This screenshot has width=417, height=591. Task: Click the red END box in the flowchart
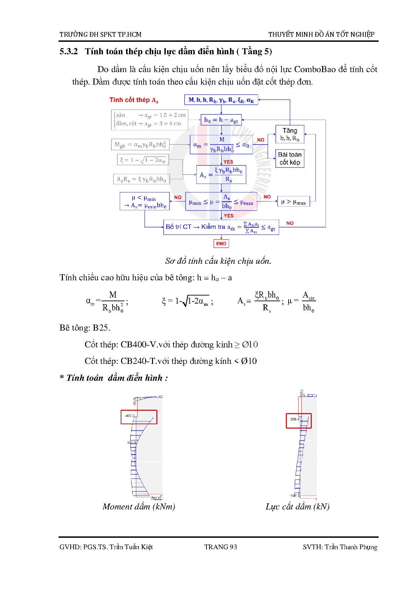221,243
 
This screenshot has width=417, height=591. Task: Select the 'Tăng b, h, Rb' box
290,134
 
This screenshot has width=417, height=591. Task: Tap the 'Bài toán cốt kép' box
290,158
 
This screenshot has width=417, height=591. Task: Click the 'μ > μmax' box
293,201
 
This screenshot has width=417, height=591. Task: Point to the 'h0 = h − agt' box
221,120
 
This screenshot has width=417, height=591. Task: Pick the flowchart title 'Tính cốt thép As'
134,100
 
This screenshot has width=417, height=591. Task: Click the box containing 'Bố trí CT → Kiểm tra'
221,227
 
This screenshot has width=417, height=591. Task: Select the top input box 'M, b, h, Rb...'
221,100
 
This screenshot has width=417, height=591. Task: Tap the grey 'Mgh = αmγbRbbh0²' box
140,145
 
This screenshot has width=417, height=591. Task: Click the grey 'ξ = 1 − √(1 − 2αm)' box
143,160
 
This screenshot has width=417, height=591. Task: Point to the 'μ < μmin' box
145,201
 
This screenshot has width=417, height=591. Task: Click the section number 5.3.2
69,51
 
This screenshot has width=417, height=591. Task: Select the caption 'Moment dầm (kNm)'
139,506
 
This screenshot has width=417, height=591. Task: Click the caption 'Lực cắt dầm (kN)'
297,506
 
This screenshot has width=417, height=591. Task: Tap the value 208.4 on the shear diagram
295,419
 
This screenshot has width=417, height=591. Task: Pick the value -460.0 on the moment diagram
129,415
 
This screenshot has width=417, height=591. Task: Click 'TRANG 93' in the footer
221,547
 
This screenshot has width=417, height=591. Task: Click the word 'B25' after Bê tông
101,328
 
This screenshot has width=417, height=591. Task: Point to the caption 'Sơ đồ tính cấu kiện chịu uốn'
218,261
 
